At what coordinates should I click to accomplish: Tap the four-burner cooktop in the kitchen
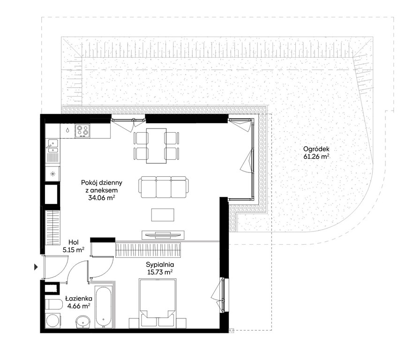[83, 131]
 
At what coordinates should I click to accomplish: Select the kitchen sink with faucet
[53, 147]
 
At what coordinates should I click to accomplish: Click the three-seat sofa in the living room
[164, 187]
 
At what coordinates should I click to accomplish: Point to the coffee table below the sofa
[163, 215]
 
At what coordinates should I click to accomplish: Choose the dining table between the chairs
[156, 146]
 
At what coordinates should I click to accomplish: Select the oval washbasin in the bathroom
[83, 322]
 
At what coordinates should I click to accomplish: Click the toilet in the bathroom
[53, 305]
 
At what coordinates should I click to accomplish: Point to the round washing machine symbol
[53, 321]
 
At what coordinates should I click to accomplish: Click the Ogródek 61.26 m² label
[316, 153]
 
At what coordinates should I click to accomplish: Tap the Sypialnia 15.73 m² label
[160, 268]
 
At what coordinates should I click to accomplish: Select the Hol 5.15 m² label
[74, 246]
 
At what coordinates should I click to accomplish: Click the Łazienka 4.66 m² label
[78, 302]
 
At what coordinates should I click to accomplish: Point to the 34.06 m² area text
[102, 197]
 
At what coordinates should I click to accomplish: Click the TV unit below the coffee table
[163, 235]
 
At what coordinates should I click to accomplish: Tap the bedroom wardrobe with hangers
[148, 250]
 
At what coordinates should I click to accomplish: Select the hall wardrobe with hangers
[53, 228]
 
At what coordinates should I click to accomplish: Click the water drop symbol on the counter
[68, 130]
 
